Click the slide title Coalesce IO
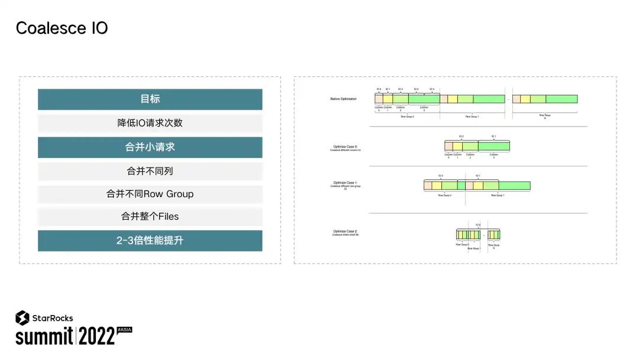tap(62, 28)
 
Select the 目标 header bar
tap(150, 99)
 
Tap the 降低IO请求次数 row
tap(150, 123)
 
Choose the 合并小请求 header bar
tap(150, 147)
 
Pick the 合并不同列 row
tap(150, 171)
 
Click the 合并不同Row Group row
tap(150, 194)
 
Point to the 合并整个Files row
tap(150, 217)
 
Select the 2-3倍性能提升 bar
tap(150, 240)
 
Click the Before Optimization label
tap(343, 99)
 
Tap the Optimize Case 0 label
tap(346, 147)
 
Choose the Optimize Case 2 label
tap(346, 232)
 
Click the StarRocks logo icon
tap(22, 318)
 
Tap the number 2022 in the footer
tap(96, 336)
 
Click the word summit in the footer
tap(44, 336)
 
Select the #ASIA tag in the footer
tap(124, 329)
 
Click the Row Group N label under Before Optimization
tap(545, 117)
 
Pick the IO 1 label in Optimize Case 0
tap(494, 136)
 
